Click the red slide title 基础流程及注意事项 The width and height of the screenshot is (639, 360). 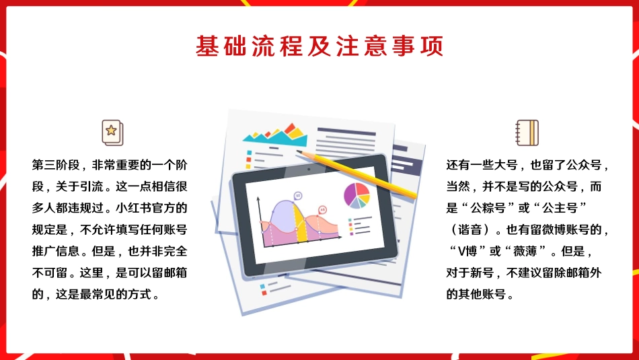point(319,46)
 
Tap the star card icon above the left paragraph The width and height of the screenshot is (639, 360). point(111,132)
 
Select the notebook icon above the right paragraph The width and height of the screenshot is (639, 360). point(527,132)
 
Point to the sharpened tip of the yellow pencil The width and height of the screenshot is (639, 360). point(297,152)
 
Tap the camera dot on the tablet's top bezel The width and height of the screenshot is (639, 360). point(309,170)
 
